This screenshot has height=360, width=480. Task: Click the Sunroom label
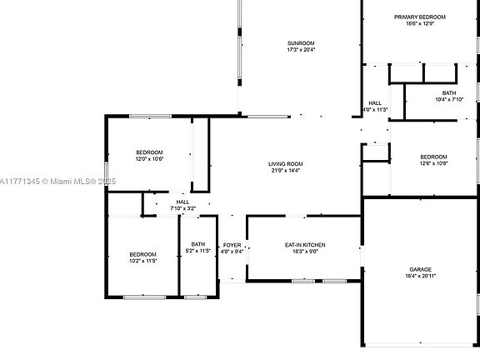pos(301,42)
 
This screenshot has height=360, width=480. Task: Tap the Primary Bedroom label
pos(420,17)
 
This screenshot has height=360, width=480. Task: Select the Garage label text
pos(420,269)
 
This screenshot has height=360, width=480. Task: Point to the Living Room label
pos(285,163)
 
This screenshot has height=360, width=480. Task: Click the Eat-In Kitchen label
pos(305,244)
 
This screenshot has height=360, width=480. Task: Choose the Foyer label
pos(232,244)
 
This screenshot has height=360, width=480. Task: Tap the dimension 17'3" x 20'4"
pos(301,50)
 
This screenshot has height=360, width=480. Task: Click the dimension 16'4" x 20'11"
pos(420,276)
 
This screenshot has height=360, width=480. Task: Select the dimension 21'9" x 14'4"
pos(285,171)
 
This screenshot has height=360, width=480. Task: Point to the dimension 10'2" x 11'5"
pos(142,261)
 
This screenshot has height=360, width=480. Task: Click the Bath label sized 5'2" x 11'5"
pos(198,244)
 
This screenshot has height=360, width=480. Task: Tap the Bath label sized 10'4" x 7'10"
pos(449,92)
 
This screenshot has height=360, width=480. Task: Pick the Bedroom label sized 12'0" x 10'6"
pos(149,152)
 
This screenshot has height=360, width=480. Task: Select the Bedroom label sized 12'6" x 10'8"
pos(433,157)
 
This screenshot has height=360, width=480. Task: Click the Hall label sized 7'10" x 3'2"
pos(182,202)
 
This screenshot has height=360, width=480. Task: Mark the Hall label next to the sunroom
pos(375,103)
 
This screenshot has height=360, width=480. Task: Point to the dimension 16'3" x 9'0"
pos(305,251)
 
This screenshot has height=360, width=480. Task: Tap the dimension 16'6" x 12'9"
pos(420,24)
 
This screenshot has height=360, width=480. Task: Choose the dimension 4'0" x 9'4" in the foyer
pos(232,251)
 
